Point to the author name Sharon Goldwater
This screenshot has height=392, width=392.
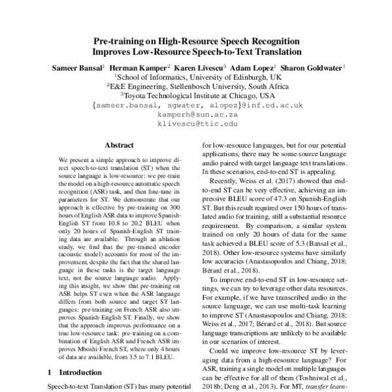tap(318, 67)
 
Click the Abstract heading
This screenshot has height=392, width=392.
tap(119, 147)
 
